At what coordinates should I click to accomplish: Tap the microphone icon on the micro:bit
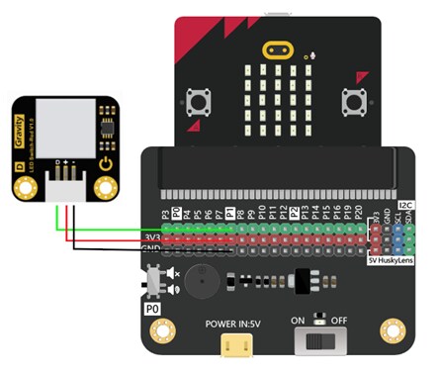311,53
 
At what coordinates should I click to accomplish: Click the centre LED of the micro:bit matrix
278,103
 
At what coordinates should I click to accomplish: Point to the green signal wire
109,231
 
